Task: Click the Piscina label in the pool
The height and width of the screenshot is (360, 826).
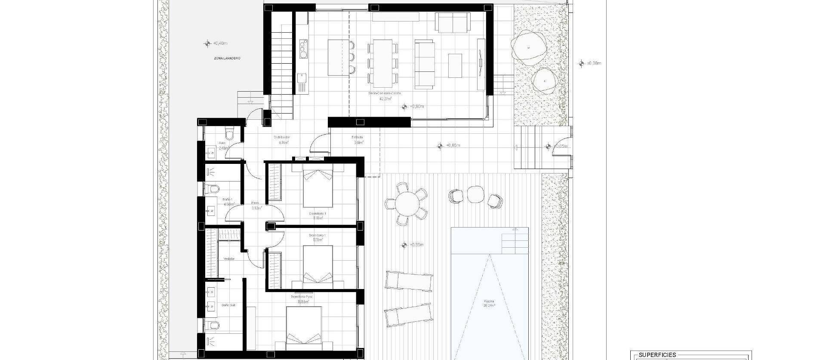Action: [488, 301]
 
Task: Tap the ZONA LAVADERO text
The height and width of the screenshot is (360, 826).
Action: [227, 58]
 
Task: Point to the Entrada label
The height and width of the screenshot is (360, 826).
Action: [358, 138]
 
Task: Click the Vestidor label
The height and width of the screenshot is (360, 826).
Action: [229, 259]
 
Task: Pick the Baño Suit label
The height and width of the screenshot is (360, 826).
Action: [228, 305]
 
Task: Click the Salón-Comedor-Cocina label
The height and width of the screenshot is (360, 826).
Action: [385, 93]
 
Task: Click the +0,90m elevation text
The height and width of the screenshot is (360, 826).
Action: [416, 107]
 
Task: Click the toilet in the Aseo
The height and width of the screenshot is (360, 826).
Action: [231, 135]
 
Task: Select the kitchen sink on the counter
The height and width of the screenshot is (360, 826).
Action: [302, 78]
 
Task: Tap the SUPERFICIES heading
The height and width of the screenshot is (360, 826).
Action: [657, 355]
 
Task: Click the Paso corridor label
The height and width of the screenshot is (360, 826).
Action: [255, 203]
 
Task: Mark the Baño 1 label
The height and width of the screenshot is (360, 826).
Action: [228, 200]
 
